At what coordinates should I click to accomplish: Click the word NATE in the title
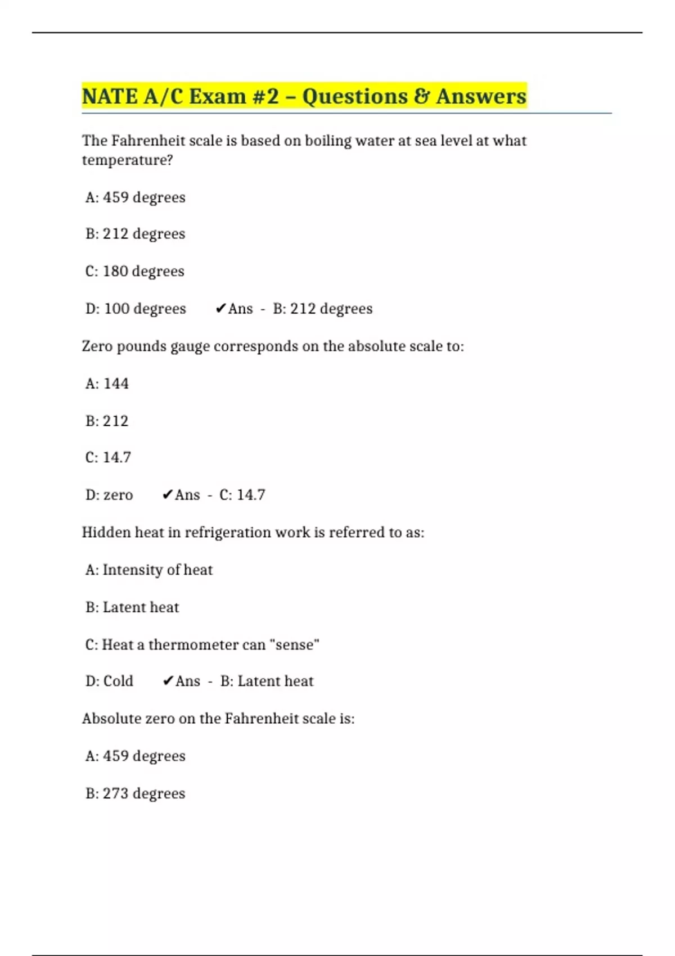[x=110, y=96]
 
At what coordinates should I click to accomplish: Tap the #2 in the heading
[x=265, y=96]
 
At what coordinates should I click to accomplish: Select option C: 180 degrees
[x=135, y=271]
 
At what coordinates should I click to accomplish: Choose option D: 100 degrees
[x=136, y=309]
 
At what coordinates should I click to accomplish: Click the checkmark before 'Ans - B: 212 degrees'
[x=220, y=308]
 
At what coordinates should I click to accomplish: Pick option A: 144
[x=107, y=384]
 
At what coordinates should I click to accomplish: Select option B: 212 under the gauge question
[x=107, y=421]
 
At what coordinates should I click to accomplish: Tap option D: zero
[x=109, y=495]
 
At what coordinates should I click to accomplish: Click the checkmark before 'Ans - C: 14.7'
[x=167, y=495]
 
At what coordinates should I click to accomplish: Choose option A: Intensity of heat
[x=149, y=570]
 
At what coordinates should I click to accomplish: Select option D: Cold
[x=109, y=681]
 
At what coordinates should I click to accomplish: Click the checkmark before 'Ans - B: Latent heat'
[x=168, y=681]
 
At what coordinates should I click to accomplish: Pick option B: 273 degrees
[x=135, y=793]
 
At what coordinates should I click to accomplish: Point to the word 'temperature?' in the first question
[x=127, y=160]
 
